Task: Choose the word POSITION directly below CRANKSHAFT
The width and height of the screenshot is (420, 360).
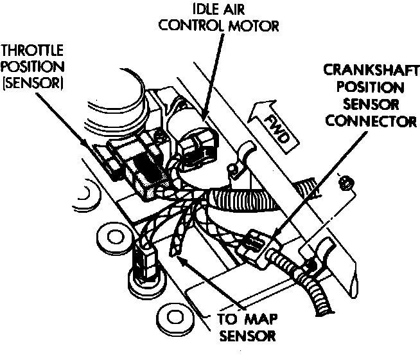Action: coord(365,87)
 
